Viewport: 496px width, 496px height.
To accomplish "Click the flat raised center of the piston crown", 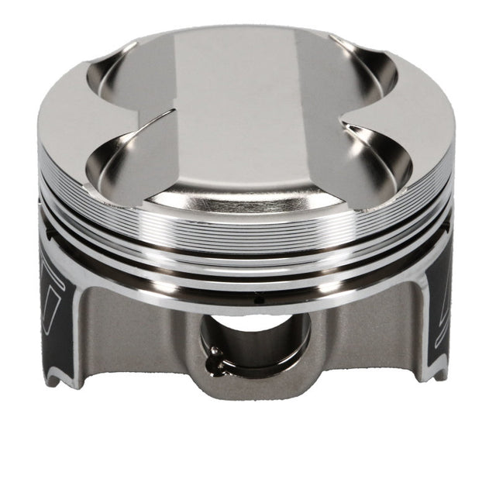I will [x=236, y=116].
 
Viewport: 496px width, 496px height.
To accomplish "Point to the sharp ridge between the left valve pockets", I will [x=147, y=120].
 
